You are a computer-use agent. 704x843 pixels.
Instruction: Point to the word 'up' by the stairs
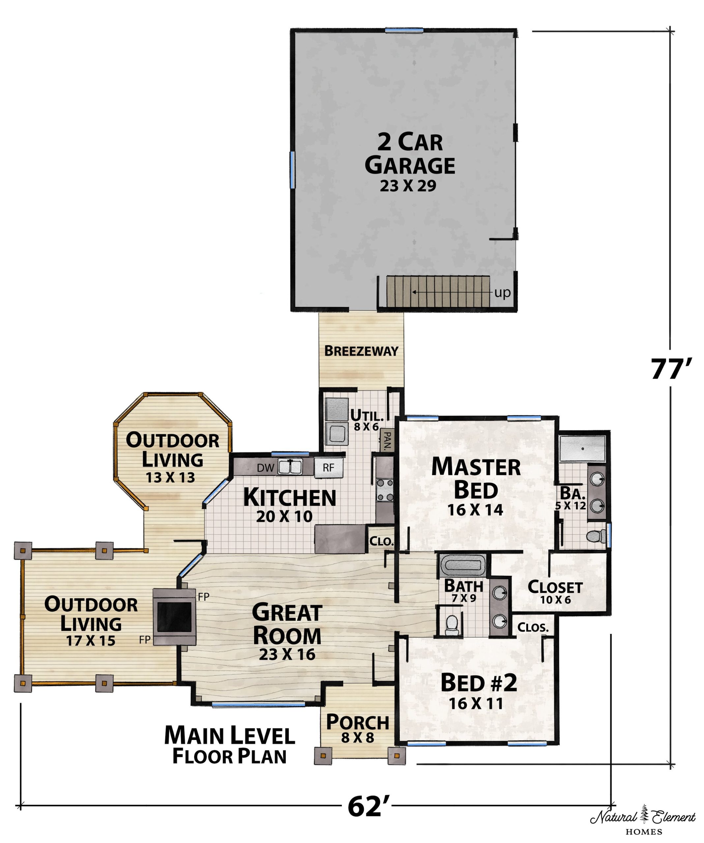(x=502, y=293)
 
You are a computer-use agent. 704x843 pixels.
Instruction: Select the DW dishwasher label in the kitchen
(x=265, y=468)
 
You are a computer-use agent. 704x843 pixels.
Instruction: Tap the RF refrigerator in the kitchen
(x=329, y=468)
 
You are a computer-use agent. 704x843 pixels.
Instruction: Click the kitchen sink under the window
(x=290, y=467)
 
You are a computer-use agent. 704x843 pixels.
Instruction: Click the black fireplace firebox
(x=174, y=617)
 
